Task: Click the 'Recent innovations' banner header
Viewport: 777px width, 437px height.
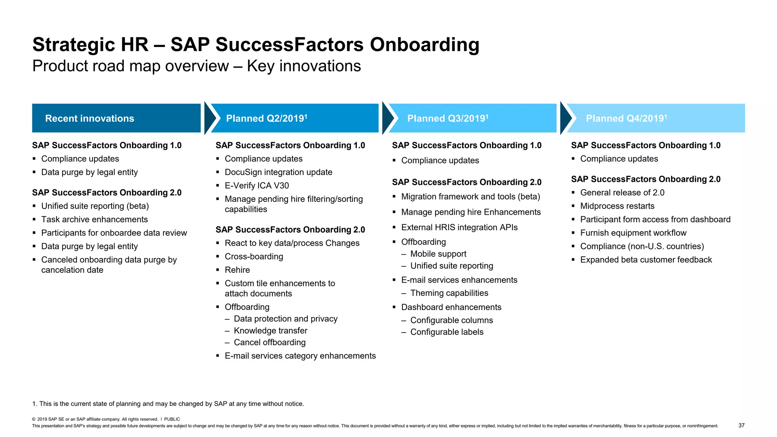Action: (90, 118)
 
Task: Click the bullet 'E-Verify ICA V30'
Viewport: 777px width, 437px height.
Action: (257, 185)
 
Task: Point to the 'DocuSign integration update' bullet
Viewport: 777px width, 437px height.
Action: (278, 172)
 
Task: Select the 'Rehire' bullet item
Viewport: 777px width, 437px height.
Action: (237, 270)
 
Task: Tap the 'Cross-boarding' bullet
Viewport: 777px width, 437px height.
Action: (254, 256)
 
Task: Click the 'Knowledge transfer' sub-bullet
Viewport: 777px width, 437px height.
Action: (271, 331)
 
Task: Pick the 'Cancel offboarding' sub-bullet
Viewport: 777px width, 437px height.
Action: (270, 343)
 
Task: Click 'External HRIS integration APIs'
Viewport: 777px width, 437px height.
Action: (459, 227)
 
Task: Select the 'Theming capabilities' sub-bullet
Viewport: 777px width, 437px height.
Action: (449, 293)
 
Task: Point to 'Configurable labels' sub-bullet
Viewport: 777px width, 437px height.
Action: (447, 332)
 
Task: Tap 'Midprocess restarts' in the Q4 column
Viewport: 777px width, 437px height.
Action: (617, 206)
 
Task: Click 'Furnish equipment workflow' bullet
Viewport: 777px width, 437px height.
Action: (633, 233)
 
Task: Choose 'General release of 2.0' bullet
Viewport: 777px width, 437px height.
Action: (622, 193)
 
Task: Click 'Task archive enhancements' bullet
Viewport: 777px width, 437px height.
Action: (94, 220)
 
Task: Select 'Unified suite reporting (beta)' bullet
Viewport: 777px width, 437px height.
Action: (95, 206)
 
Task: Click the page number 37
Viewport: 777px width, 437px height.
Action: (741, 426)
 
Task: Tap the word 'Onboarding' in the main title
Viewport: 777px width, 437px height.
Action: (424, 45)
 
